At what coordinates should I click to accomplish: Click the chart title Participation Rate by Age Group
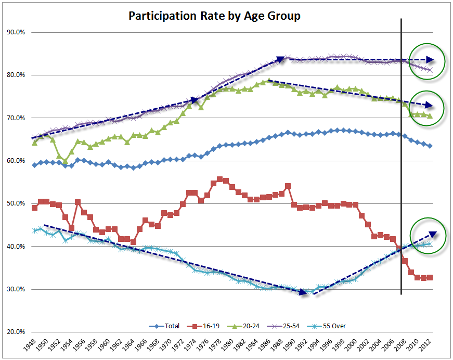[x=214, y=16]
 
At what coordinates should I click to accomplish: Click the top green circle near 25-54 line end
[x=427, y=61]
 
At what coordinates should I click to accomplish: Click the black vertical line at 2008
[x=401, y=156]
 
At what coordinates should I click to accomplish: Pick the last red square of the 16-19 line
[x=430, y=277]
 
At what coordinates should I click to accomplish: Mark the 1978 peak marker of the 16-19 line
[x=219, y=179]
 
